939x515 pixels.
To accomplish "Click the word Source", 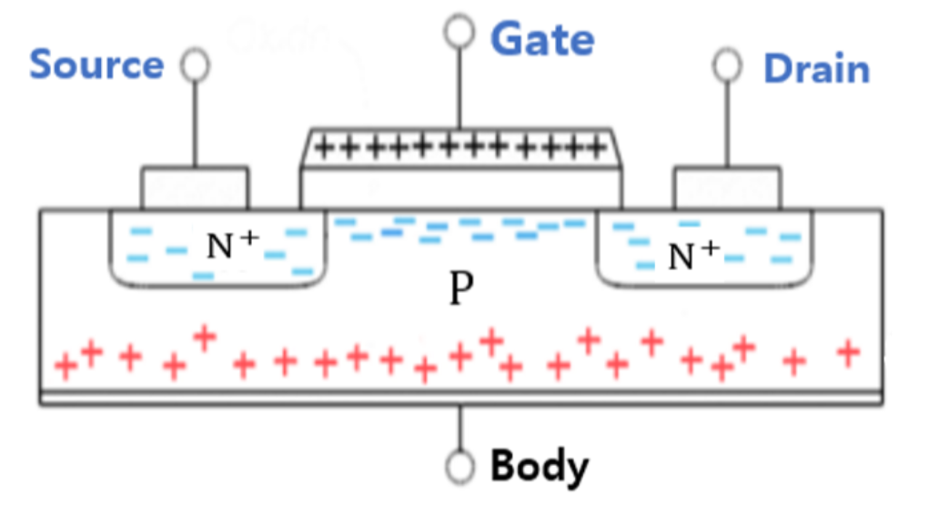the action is pos(96,65).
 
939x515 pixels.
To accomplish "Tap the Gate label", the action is pos(542,39).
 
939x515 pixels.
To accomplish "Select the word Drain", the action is pos(816,69).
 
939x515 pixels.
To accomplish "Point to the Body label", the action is pos(540,467).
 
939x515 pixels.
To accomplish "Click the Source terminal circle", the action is pos(195,66).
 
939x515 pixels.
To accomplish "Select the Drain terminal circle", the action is pos(726,66).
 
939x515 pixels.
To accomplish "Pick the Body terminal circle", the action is pos(460,468).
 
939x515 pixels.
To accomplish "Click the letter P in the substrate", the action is pos(462,289).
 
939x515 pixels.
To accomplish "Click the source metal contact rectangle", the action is pos(194,187).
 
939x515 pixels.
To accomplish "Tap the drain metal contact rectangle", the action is pos(726,187).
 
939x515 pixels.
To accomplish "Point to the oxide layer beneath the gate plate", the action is pos(460,189).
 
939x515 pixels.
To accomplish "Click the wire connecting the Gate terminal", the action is pos(459,86).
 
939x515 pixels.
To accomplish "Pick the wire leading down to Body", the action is pos(460,428).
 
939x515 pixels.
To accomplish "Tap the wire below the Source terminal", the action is pos(195,123).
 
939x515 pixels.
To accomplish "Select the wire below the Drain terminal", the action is pos(726,123).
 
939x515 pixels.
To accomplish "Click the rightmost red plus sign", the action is pos(849,350).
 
